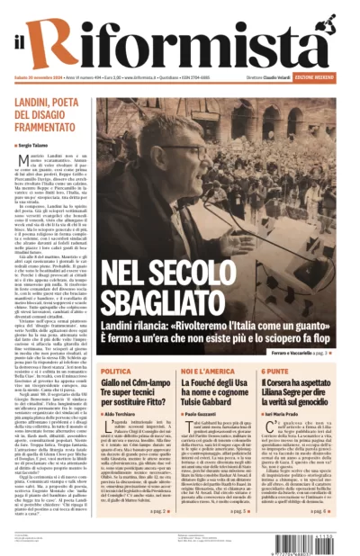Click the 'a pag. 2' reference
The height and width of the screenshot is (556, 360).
pos(160,509)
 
